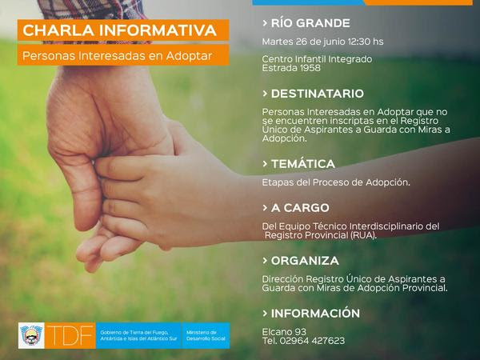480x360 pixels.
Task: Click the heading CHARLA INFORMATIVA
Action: point(120,30)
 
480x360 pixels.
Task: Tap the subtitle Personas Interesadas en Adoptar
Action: point(118,56)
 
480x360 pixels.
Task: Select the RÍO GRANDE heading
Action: point(310,23)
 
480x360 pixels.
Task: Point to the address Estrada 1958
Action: point(291,68)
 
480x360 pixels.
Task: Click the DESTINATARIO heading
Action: point(318,94)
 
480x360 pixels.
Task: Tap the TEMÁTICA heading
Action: point(303,164)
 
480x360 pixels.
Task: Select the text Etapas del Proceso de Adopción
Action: point(336,182)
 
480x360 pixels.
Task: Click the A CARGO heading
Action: point(300,208)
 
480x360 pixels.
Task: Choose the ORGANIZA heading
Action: point(305,261)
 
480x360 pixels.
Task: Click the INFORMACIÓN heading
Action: point(315,313)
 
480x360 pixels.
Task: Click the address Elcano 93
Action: point(284,331)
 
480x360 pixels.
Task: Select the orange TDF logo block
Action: point(70,335)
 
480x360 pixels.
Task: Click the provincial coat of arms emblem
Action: point(31,335)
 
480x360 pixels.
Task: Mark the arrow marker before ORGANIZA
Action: point(265,261)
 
